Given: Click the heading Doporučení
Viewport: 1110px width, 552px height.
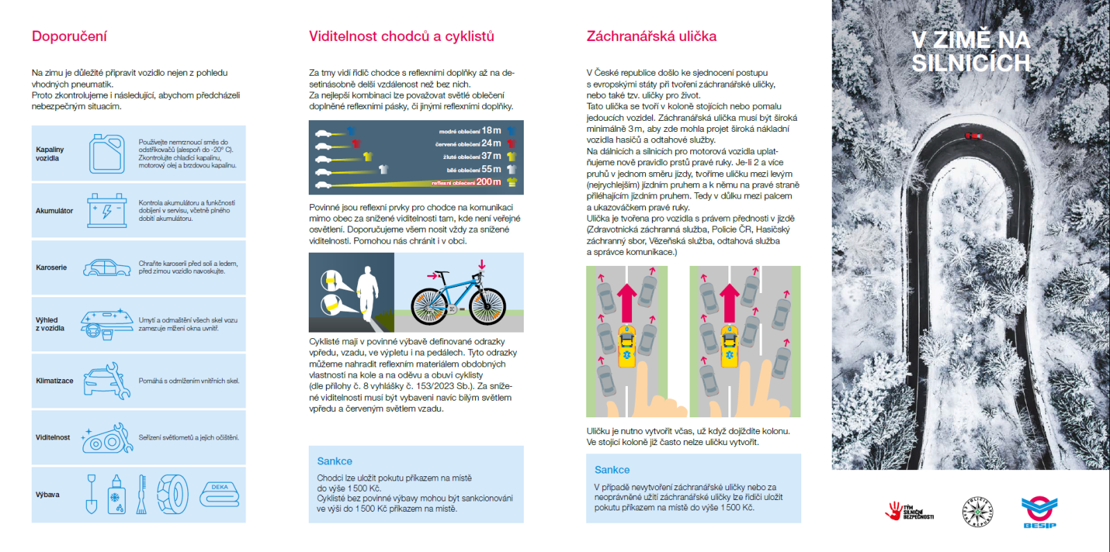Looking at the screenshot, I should (69, 36).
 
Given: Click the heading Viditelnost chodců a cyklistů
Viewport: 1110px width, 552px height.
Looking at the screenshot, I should (401, 36).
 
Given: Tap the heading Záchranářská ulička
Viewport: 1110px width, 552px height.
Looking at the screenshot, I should (651, 36).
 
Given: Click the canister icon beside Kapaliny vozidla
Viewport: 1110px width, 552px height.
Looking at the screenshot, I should (107, 153).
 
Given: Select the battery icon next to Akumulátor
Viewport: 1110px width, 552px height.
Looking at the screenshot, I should (107, 210).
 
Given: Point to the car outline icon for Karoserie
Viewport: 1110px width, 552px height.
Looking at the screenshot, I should (107, 267).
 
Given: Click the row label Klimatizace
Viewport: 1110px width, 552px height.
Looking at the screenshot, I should (54, 380).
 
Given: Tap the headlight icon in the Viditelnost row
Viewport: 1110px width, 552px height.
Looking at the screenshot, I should (108, 438).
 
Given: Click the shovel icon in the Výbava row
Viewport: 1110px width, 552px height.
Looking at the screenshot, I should (91, 494).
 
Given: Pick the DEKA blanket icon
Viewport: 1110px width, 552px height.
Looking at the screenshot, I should (220, 493).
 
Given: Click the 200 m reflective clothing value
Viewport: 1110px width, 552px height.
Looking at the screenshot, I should (488, 182).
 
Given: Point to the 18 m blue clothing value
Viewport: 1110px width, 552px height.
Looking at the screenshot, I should (491, 131).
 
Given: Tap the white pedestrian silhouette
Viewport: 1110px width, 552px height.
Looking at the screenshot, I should (366, 291).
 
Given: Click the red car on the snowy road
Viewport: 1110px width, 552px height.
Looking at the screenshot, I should (973, 136).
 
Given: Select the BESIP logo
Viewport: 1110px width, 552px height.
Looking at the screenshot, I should (1039, 512).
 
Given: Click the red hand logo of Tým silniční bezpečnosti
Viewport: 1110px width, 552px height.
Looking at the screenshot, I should (894, 511).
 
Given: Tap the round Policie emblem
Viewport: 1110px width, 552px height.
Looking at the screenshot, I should (977, 512).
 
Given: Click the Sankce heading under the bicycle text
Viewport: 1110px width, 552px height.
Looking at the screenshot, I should (334, 461).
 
